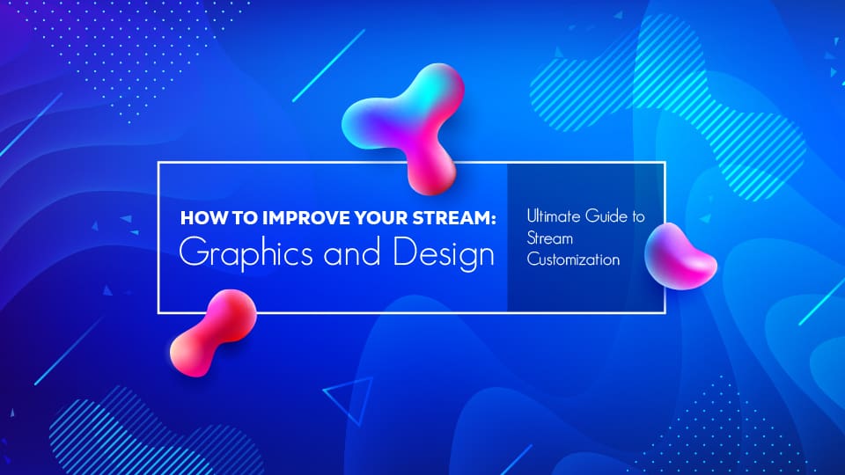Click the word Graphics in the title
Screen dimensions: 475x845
tap(232, 253)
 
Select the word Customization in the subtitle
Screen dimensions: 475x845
tap(572, 260)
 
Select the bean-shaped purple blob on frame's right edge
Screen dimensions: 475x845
tap(680, 257)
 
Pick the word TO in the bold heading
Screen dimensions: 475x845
tap(232, 218)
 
